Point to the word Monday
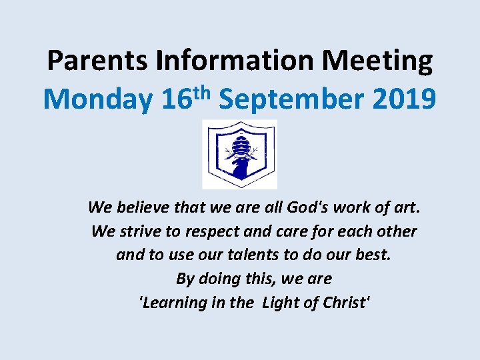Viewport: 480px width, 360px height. pyautogui.click(x=98, y=100)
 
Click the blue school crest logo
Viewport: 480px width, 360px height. pyautogui.click(x=239, y=154)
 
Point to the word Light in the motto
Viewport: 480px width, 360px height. pyautogui.click(x=283, y=303)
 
